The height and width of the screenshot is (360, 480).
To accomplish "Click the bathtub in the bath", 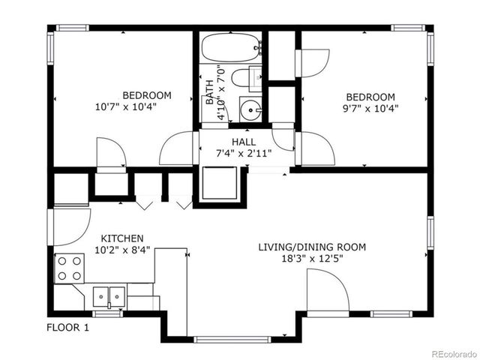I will point(230,47).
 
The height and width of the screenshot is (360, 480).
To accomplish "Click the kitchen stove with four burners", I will point(70,268).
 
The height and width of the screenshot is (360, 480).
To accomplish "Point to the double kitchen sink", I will point(109,296).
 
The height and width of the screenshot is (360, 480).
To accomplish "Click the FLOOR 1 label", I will point(67,327).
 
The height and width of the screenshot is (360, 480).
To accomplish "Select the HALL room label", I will point(244,141).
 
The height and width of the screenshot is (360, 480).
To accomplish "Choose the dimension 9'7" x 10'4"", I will point(370,108).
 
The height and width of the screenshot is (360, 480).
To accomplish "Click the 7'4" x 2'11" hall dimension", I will point(244,153).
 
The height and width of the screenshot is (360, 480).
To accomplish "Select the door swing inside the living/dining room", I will point(327,291).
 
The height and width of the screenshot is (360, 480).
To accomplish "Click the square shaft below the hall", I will point(220,184).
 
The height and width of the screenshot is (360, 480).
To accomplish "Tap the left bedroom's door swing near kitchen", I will point(111,153).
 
